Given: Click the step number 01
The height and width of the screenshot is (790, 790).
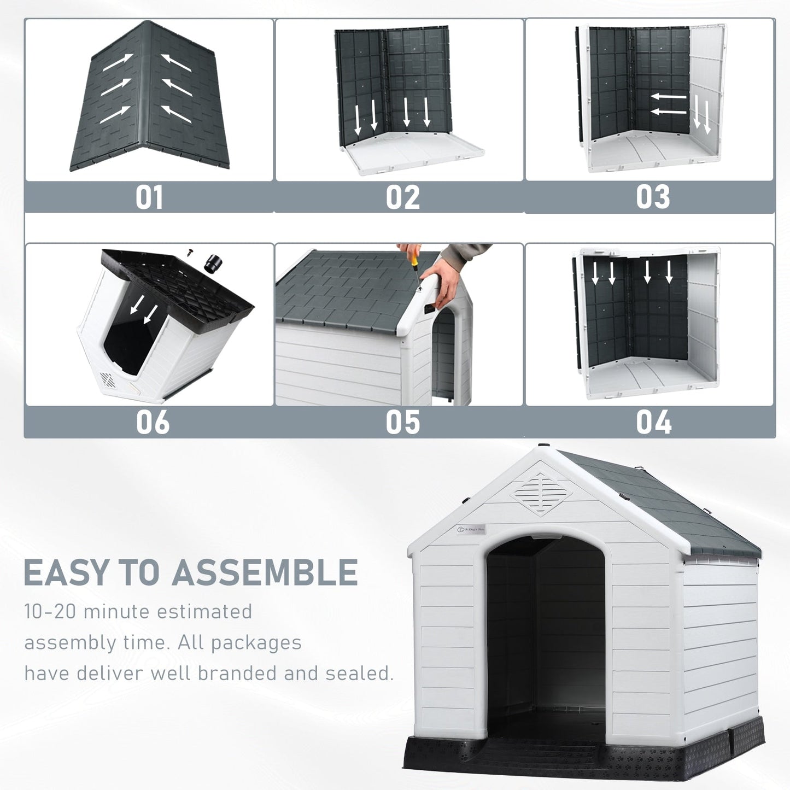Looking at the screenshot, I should pos(149,197).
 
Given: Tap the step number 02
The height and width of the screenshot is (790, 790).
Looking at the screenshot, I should pos(402,197).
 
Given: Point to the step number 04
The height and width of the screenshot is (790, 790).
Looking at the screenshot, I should pos(653,422).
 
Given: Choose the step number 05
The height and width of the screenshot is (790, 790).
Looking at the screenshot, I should pos(402,422).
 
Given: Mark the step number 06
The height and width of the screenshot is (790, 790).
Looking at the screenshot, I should pos(153,422).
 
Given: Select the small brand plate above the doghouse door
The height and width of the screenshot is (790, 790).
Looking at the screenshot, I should pos(471,529).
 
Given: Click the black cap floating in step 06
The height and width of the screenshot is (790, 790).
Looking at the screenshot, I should pos(213,264).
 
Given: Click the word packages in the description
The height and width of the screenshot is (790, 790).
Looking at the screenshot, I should pos(256,642).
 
